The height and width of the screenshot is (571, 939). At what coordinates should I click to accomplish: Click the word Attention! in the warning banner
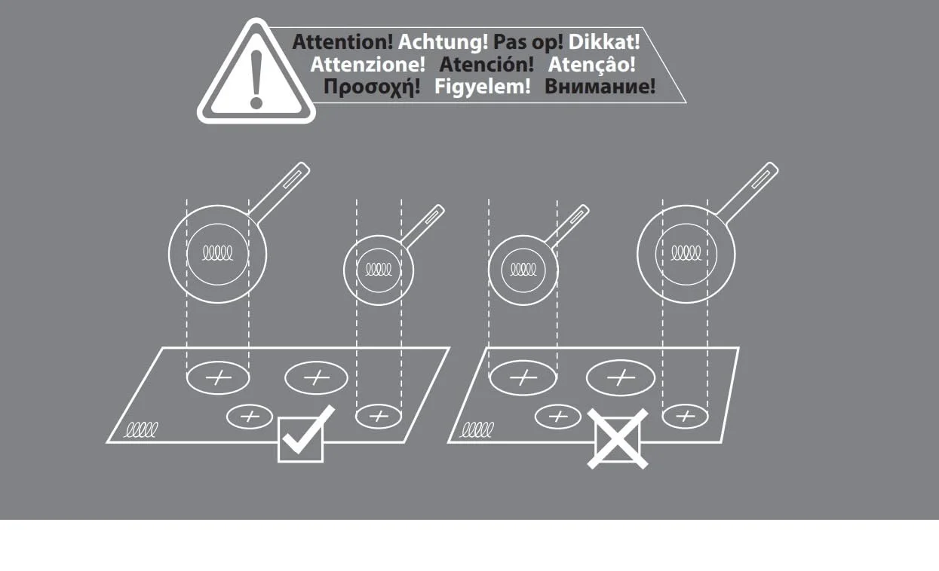(342, 42)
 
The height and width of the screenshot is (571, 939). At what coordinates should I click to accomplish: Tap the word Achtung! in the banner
(443, 42)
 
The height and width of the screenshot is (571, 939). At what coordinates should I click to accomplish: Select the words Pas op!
(528, 43)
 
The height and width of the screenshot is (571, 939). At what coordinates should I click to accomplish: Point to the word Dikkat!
(604, 42)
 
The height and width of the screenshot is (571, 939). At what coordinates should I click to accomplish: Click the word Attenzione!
(367, 65)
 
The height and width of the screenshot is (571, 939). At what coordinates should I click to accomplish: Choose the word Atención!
(486, 65)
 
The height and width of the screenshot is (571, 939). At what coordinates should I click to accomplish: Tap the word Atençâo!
(591, 65)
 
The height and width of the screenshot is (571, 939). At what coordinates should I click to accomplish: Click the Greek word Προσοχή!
(372, 87)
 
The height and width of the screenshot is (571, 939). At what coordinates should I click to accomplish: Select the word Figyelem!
(483, 87)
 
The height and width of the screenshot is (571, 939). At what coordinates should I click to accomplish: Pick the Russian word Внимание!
(600, 87)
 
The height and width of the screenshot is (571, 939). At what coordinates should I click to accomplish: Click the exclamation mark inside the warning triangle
(256, 79)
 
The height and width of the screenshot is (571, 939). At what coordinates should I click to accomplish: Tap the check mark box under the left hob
(301, 440)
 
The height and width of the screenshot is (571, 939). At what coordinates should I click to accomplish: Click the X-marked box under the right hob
(618, 439)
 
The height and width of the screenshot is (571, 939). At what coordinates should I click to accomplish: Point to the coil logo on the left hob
(141, 429)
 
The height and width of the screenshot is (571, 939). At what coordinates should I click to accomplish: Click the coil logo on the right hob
(477, 429)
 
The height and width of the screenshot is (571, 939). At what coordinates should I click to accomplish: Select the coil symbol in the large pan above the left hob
(217, 253)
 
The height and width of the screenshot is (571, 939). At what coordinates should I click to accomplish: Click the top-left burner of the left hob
(218, 378)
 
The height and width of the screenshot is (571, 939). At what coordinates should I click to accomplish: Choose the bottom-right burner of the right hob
(685, 417)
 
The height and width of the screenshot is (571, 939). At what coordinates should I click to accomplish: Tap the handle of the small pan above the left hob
(422, 227)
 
